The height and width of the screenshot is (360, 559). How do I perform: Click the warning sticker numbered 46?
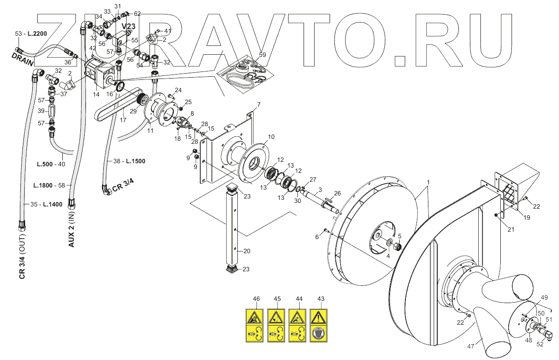coord(256,326)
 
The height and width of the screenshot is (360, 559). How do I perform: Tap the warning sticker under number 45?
coord(278,326)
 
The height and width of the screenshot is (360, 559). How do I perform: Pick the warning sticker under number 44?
coord(299,326)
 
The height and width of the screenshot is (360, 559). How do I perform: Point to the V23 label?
coord(128,26)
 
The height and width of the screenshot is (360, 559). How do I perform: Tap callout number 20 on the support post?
coord(247,251)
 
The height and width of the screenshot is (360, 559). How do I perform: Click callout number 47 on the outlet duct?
coord(471,346)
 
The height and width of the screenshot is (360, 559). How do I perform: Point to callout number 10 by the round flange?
coord(271,137)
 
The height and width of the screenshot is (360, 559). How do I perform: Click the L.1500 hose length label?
coord(135,161)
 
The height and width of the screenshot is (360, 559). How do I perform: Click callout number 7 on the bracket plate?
coord(259,105)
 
